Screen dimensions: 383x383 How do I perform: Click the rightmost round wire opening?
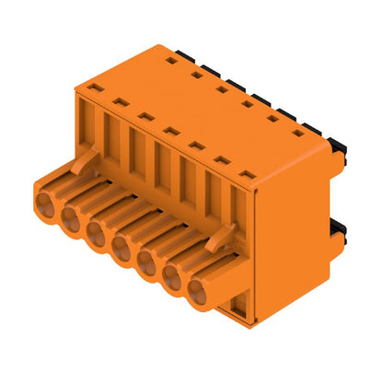click(x=199, y=292)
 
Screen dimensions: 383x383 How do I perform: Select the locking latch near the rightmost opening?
click(x=217, y=240)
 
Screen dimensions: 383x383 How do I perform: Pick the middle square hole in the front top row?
click(x=170, y=131)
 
